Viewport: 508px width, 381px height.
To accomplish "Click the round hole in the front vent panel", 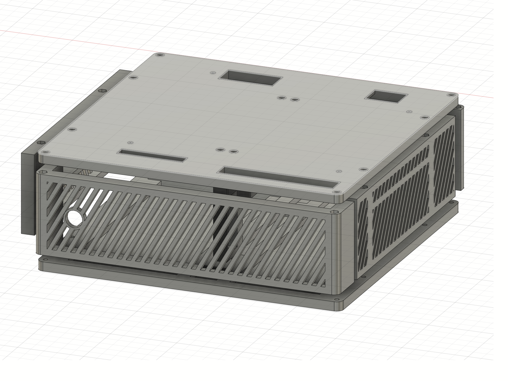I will (x=75, y=217).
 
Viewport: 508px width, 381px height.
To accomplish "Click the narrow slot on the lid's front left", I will (x=152, y=156).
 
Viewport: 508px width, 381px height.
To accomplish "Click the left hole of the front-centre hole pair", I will (x=219, y=150).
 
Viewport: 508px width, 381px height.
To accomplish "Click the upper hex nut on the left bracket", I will (x=101, y=91).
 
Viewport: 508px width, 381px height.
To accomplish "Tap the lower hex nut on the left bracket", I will (x=40, y=143).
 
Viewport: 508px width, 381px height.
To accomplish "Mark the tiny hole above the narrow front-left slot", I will (x=130, y=143).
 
